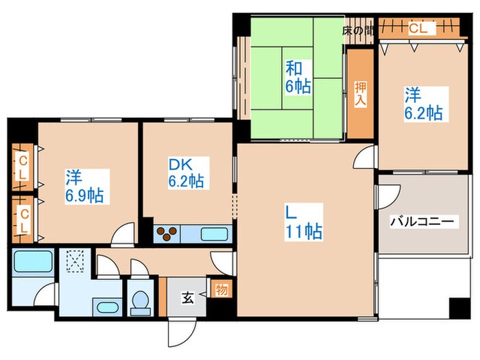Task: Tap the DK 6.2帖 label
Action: [x=186, y=173]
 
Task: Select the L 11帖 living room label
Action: [x=303, y=222]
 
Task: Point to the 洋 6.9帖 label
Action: [x=84, y=187]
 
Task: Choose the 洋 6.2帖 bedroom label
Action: [x=424, y=104]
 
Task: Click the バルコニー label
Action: [x=422, y=221]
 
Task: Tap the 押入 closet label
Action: [x=361, y=94]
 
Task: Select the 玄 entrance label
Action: [x=187, y=298]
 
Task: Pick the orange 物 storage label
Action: [x=221, y=289]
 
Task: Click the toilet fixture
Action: [x=141, y=302]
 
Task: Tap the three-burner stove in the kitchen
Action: [x=167, y=234]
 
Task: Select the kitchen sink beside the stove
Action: [x=214, y=235]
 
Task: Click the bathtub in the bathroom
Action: [x=33, y=261]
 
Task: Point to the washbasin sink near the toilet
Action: [x=106, y=307]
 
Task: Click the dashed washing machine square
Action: [x=75, y=261]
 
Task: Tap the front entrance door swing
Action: [x=182, y=333]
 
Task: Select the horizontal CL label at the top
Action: [x=418, y=29]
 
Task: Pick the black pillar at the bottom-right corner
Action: [x=460, y=309]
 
